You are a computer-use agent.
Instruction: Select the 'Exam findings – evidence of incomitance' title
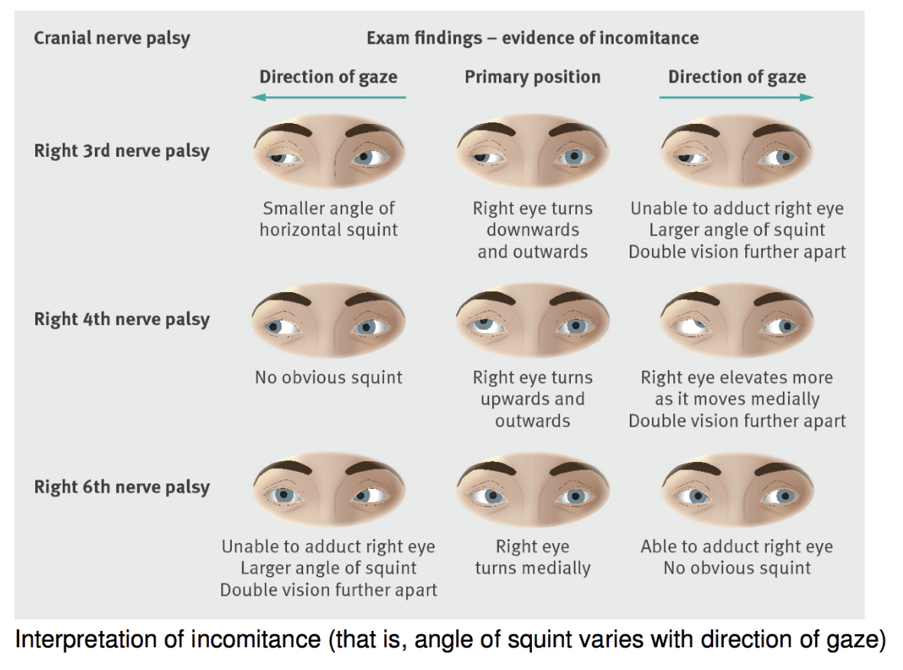(x=532, y=37)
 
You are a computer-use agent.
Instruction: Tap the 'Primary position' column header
(x=532, y=76)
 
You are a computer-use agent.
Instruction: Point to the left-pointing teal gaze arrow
(x=328, y=97)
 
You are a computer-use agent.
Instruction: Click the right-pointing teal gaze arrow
(x=736, y=97)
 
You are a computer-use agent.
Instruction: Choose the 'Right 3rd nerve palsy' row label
(x=121, y=151)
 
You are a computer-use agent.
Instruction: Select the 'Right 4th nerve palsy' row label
(x=121, y=319)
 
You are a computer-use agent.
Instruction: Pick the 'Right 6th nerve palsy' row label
(x=121, y=487)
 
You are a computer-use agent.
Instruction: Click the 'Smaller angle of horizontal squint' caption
(x=328, y=219)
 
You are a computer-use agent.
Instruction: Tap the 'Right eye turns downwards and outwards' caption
(x=532, y=229)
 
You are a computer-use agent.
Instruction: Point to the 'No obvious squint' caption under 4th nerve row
(x=328, y=377)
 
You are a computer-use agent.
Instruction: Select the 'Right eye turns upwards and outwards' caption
(x=532, y=398)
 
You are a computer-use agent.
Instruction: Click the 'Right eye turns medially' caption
(x=532, y=558)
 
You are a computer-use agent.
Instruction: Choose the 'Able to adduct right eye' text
(x=736, y=547)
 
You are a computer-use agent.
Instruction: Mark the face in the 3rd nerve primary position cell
(x=532, y=153)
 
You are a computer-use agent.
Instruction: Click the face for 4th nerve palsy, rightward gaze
(x=736, y=321)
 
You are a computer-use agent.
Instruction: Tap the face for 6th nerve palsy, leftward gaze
(x=328, y=490)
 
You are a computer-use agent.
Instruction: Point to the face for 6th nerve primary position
(x=532, y=490)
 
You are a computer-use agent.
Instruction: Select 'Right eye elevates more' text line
(x=736, y=377)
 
